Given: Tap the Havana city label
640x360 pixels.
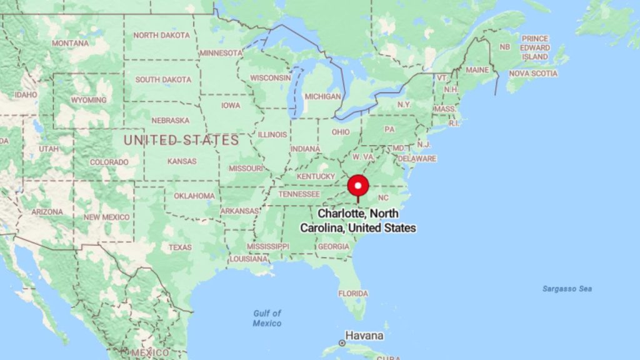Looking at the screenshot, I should (366, 335).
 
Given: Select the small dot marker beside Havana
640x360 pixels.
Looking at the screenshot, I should (342, 343).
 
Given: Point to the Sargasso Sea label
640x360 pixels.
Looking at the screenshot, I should (567, 289).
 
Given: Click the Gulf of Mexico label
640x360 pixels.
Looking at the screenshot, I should (267, 318).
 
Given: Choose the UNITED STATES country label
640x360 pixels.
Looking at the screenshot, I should (181, 140).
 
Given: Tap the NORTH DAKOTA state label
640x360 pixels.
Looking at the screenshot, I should (161, 36).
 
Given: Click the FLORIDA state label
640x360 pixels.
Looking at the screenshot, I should (353, 294).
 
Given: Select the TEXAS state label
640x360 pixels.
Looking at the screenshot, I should (180, 247).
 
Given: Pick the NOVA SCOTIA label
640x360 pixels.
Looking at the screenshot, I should (532, 73).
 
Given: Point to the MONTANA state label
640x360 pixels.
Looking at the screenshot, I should (70, 44).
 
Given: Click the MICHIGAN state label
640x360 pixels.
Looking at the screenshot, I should (322, 97).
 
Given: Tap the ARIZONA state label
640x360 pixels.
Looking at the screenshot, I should (47, 212).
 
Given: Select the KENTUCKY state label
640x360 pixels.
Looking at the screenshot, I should (316, 177).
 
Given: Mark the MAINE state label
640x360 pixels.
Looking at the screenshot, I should (477, 70).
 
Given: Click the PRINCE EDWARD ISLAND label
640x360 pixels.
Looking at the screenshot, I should (535, 47).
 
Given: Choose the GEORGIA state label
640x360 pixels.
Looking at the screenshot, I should (333, 247).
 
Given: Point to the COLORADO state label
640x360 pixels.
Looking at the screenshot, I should (109, 162).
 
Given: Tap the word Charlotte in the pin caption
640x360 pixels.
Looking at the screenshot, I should (341, 214).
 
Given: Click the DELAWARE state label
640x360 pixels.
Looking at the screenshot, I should (416, 159).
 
